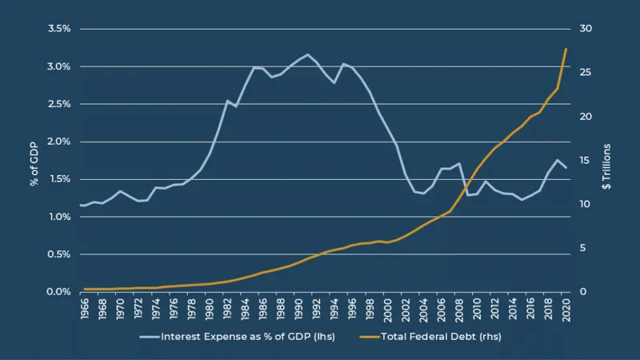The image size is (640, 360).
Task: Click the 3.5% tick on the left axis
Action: [x=58, y=29]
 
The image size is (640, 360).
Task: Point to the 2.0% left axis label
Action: [x=58, y=142]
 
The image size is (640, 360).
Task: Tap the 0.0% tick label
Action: [x=58, y=292]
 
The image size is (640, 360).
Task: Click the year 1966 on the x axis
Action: [x=85, y=308]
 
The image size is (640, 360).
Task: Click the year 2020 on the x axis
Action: [x=566, y=308]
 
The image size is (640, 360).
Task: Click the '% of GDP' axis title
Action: [x=34, y=160]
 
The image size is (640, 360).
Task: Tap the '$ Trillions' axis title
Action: [x=606, y=166]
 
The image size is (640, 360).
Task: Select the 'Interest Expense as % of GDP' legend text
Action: [x=248, y=337]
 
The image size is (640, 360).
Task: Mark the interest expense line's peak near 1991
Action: [x=308, y=54]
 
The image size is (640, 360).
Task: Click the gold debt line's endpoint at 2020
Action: [x=566, y=49]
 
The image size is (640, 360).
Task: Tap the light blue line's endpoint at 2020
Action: [x=566, y=167]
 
